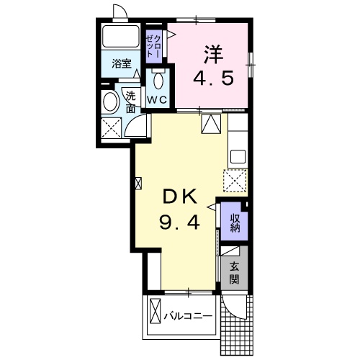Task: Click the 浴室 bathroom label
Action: [122, 64]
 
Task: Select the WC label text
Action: [157, 99]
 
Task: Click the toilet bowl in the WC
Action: [158, 81]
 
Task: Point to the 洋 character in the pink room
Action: [213, 55]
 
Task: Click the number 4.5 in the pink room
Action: [213, 78]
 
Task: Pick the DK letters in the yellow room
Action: [180, 196]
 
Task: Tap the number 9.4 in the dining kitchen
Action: [179, 222]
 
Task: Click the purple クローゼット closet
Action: [154, 47]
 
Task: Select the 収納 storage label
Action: [235, 223]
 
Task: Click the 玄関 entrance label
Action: [234, 272]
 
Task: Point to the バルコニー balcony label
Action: [188, 317]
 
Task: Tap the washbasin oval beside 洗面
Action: [110, 102]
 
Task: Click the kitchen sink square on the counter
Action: [238, 156]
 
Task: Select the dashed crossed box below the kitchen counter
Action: [235, 180]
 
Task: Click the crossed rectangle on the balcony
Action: [155, 311]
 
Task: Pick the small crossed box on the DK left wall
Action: [139, 184]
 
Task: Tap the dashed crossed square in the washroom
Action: [111, 128]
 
